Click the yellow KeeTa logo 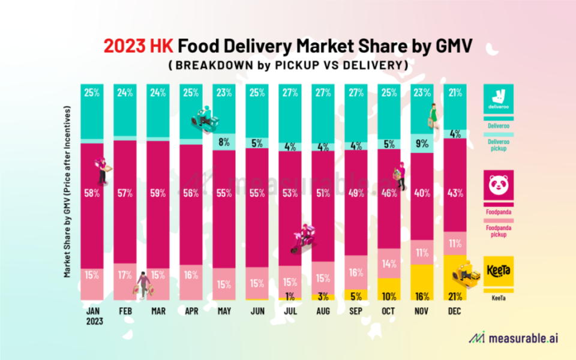coord(498,271)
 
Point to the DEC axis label coord(454,312)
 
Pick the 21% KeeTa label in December coord(454,296)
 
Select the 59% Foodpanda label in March coord(157,194)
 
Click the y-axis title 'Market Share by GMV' coord(67,192)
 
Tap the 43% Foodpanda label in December coord(454,194)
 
